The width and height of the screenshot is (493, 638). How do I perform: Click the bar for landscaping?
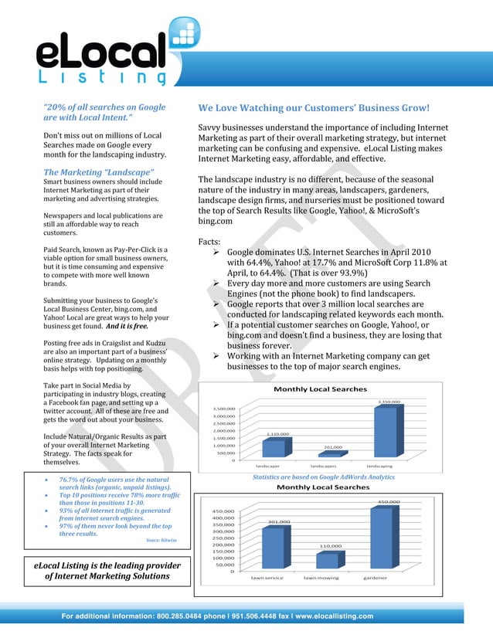384,433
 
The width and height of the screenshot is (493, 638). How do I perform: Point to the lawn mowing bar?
328,560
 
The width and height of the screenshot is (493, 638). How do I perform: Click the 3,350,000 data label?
388,402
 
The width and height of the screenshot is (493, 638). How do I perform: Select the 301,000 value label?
278,521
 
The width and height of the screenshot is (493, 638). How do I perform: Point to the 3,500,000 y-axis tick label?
224,409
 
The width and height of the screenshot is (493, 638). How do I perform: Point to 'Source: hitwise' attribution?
161,540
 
